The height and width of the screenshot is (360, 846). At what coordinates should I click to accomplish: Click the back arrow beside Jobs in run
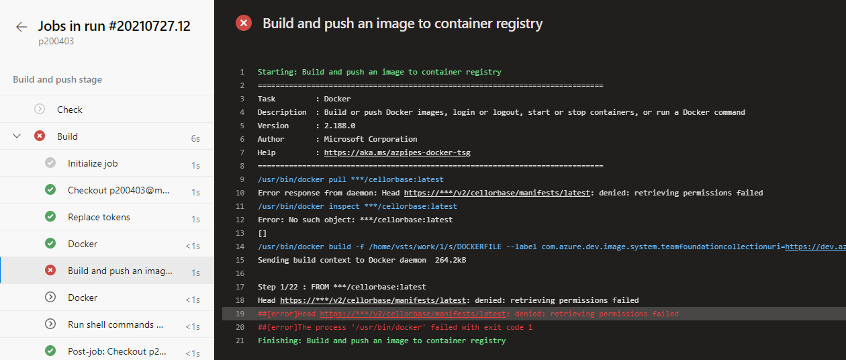[21, 27]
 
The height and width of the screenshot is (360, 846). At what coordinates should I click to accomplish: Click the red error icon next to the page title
[244, 24]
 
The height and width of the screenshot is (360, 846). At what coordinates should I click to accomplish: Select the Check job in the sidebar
[69, 109]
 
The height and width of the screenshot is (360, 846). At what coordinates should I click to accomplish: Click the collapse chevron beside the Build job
[17, 136]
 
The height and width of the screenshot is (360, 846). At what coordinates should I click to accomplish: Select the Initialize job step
[93, 163]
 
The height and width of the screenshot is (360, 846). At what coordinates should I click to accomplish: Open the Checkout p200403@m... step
[118, 190]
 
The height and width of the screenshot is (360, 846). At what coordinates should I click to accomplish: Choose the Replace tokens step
[99, 217]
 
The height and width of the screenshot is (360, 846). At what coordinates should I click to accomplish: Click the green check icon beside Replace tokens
[50, 217]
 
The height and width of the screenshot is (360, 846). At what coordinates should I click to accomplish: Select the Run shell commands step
[115, 324]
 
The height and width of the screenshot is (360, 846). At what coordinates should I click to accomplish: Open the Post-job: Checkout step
[117, 351]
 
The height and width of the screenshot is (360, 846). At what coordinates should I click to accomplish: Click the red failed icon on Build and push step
[50, 271]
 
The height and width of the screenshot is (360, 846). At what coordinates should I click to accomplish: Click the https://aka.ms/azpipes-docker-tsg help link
[397, 152]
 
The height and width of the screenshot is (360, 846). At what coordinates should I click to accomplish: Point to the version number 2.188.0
[340, 126]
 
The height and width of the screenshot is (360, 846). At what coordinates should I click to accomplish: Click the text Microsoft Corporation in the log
[371, 139]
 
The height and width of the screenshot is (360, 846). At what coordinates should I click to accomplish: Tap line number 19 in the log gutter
[241, 314]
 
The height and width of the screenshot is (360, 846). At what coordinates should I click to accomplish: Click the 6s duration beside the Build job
[195, 138]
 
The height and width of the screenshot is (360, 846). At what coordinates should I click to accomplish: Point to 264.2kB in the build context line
[451, 260]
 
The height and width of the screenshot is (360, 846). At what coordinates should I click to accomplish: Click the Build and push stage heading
[58, 79]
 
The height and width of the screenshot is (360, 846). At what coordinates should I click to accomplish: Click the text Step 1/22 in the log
[278, 287]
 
